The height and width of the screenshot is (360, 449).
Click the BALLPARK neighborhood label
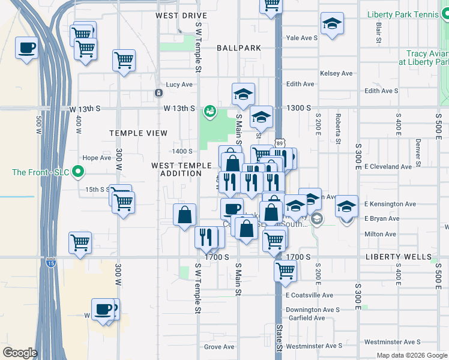[239, 47]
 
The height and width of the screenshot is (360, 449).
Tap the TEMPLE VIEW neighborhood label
[138, 133]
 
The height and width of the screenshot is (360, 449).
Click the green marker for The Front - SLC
[77, 172]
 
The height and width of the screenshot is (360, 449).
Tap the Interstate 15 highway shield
[50, 262]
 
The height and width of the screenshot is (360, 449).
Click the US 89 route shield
[280, 142]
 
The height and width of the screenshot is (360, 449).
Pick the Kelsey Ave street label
[336, 73]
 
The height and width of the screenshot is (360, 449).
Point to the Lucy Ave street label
[179, 85]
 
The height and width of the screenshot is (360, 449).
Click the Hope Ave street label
[97, 158]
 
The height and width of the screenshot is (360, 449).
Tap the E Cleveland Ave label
[388, 166]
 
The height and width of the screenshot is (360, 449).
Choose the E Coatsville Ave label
[309, 295]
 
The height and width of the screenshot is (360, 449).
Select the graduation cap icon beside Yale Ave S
[332, 24]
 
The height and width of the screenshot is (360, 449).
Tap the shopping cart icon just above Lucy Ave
[124, 60]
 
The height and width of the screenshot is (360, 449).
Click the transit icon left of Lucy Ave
[158, 93]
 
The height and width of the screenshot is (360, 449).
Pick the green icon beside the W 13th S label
[209, 111]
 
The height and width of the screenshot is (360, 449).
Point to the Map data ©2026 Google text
[411, 355]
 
